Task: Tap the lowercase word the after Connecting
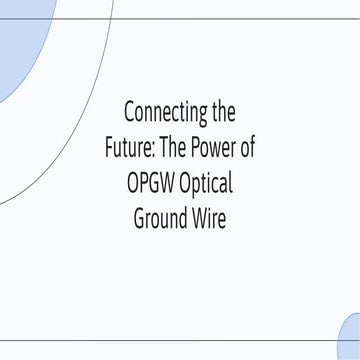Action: coord(222,111)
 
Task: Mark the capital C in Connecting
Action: coord(128,111)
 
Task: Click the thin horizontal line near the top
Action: coord(200,18)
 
